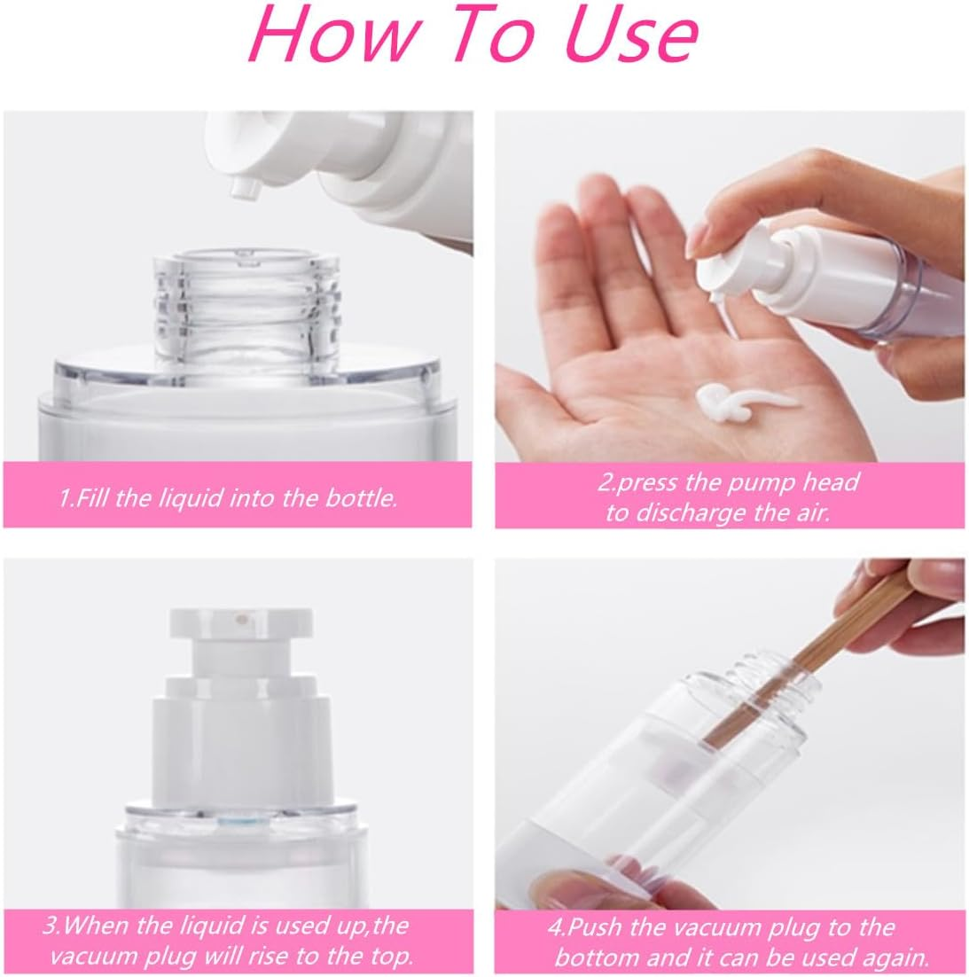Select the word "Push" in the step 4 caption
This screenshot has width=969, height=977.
pos(592,928)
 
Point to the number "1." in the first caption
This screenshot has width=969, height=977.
pos(66,497)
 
